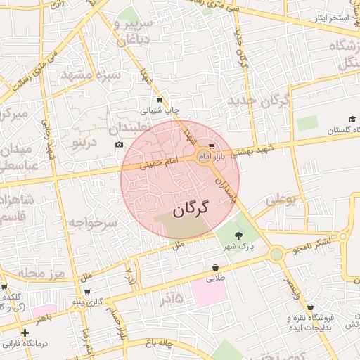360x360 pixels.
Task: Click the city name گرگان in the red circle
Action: click(x=191, y=208)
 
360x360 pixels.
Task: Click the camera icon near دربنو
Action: click(x=118, y=145)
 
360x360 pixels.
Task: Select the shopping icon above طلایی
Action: click(x=214, y=268)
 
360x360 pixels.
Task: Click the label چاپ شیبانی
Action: click(x=161, y=110)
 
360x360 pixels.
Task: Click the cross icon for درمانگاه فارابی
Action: click(x=25, y=333)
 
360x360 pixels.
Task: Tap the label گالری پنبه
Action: click(x=89, y=302)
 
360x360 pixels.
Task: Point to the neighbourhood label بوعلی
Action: click(x=286, y=199)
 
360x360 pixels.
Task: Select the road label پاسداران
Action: click(x=224, y=188)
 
